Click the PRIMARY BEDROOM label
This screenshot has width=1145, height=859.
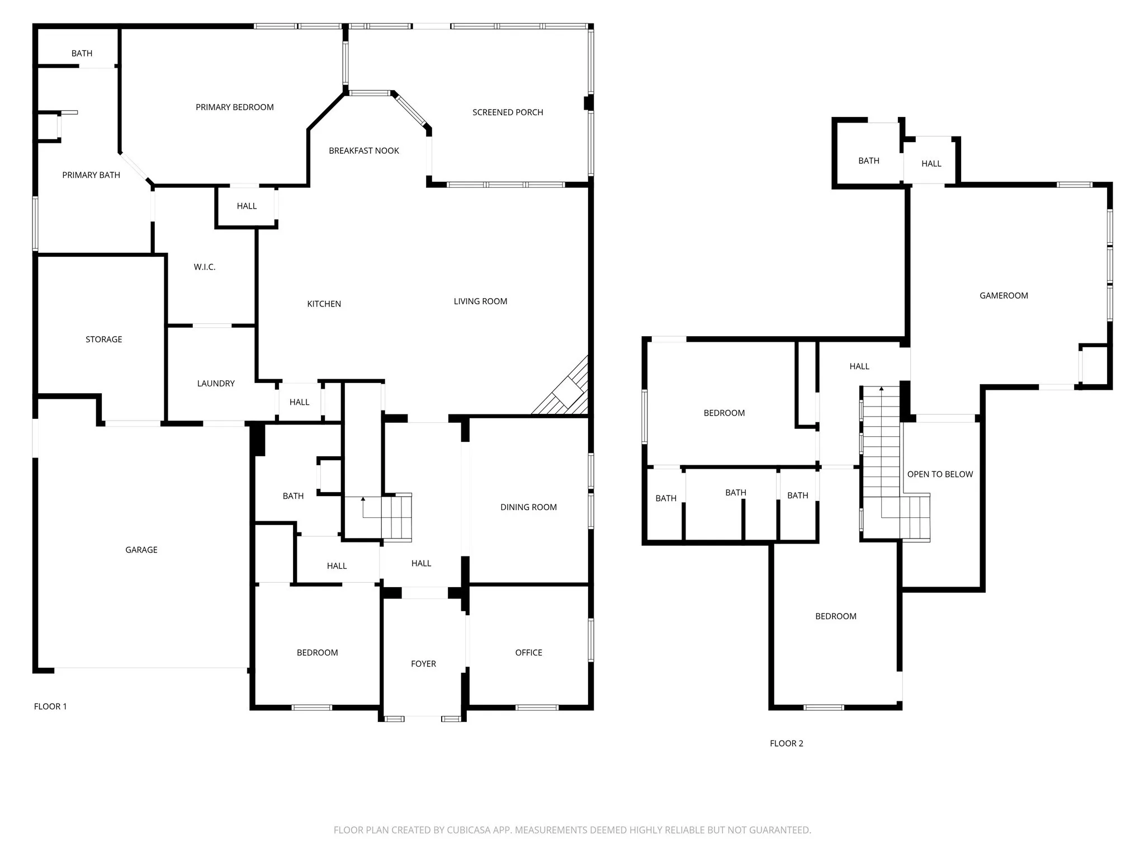(x=234, y=107)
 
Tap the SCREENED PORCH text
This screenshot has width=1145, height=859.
(x=508, y=112)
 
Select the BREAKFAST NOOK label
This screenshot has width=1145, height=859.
(x=364, y=151)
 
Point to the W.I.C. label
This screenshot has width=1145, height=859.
(x=205, y=267)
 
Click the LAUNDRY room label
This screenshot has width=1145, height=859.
(x=216, y=384)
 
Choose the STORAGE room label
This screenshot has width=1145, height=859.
(x=103, y=339)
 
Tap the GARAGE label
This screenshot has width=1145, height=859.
(x=141, y=550)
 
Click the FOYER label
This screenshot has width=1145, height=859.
(x=423, y=664)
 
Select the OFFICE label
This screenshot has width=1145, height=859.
(x=528, y=653)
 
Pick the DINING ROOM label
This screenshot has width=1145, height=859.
(x=528, y=507)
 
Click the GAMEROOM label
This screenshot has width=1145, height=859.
(x=1004, y=296)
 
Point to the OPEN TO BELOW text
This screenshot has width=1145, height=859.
(x=940, y=474)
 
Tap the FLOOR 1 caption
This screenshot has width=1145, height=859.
(x=50, y=706)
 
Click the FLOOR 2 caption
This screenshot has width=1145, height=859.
(x=786, y=743)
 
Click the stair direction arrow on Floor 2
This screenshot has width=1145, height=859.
(x=882, y=388)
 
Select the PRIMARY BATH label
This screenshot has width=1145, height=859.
(x=91, y=175)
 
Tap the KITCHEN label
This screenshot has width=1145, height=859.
(x=324, y=304)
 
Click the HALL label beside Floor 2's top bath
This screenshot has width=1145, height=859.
(x=931, y=164)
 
